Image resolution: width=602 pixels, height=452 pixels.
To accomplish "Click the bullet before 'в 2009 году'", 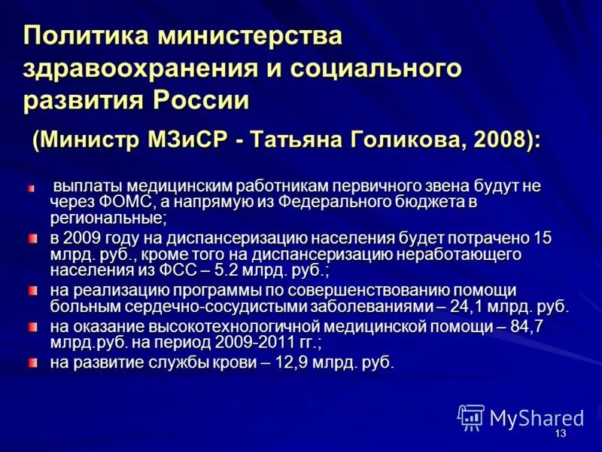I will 32,238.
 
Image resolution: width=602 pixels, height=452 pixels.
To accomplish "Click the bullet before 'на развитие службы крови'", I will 32,362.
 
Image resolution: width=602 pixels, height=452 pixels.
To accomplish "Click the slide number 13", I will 560,435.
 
